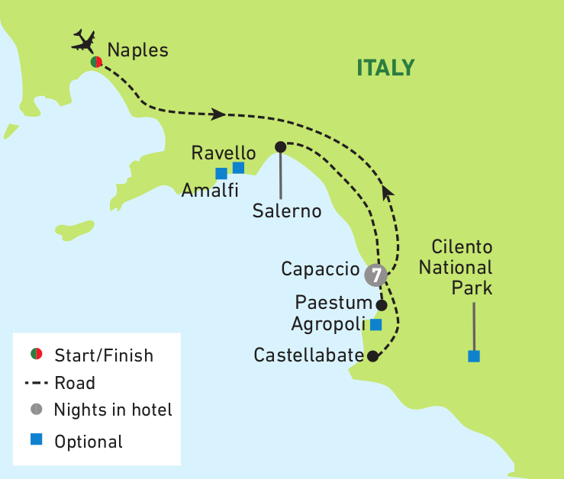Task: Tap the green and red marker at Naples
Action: (96, 62)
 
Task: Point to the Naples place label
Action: (137, 50)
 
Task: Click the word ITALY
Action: (385, 68)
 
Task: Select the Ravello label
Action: (224, 152)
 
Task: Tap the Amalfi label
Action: (210, 191)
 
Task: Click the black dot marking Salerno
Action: (280, 146)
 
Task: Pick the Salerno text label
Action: (287, 210)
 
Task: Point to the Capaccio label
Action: (320, 268)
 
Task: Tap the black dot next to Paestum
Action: (382, 304)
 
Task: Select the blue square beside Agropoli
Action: (375, 324)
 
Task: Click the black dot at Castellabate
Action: (372, 355)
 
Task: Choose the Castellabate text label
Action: (308, 355)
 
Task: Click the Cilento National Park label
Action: (462, 268)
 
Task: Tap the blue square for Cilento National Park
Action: (474, 356)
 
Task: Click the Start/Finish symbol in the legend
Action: (35, 354)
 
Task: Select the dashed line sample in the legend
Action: (36, 383)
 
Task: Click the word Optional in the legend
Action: (89, 441)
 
